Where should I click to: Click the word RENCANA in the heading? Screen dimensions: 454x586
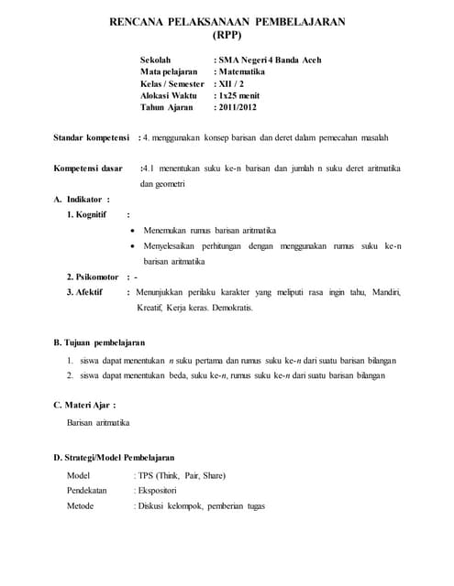pyautogui.click(x=141, y=20)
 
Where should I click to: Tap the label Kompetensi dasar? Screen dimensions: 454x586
pyautogui.click(x=88, y=169)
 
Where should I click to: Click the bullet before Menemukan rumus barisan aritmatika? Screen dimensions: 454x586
pyautogui.click(x=135, y=230)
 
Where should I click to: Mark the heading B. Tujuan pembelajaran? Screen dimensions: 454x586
pyautogui.click(x=99, y=342)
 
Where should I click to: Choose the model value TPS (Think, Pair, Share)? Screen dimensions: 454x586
pyautogui.click(x=181, y=475)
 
